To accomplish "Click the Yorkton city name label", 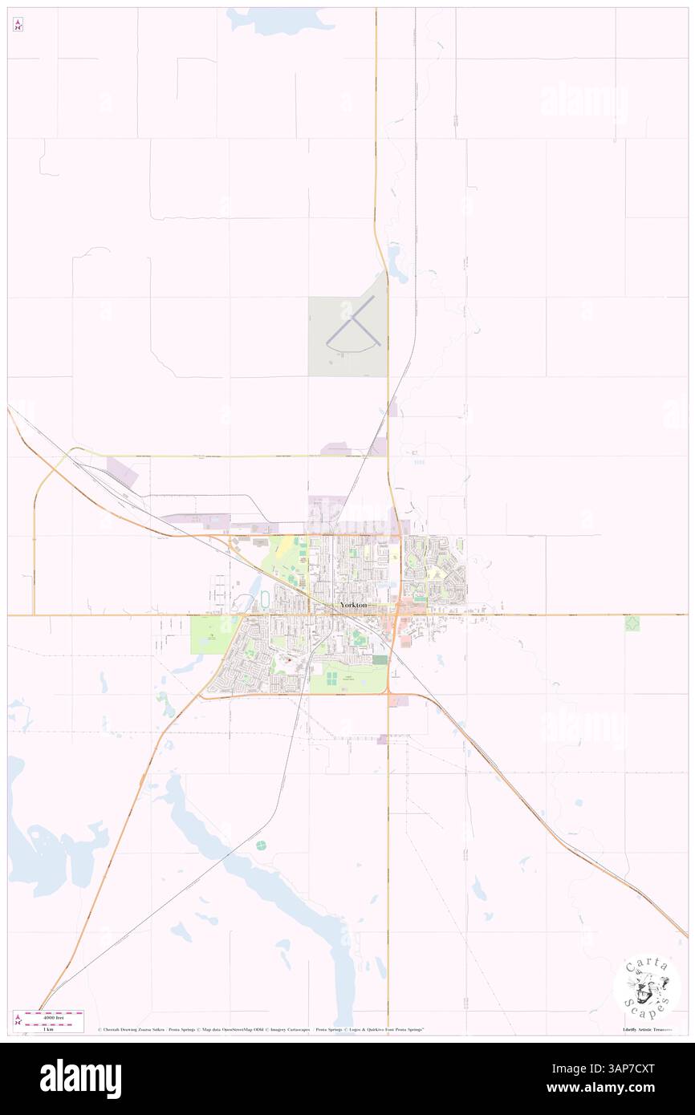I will [354, 604].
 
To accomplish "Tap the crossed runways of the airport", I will [351, 328].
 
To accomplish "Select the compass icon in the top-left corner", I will [18, 24].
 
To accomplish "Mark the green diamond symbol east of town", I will [632, 623].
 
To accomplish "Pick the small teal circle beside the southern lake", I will [261, 845].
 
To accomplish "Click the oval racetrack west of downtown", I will [265, 600].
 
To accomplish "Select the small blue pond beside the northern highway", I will [395, 258].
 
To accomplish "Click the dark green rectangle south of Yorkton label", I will [380, 659].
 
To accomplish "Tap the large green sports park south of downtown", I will [347, 679].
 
